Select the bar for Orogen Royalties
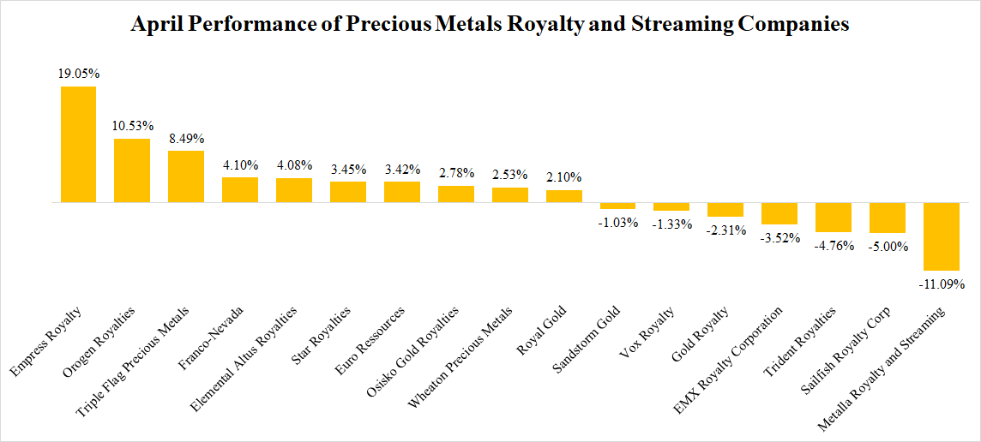point(132,170)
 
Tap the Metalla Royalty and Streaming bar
point(942,236)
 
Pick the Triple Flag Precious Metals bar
point(186,176)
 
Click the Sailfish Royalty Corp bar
point(888,218)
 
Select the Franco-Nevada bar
point(240,189)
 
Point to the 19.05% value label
point(78,74)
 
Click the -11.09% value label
point(942,283)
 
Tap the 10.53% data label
point(132,126)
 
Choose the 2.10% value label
point(564,177)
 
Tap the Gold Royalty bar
point(725,210)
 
